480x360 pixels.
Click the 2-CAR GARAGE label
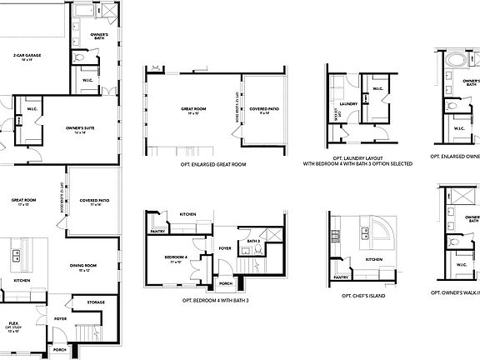pos(27,56)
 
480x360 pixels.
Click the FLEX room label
pos(14,322)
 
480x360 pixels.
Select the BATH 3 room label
pos(253,242)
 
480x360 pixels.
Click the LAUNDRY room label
pos(348,104)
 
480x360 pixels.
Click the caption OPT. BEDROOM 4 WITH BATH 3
pos(216,299)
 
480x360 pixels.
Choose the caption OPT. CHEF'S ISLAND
pos(364,295)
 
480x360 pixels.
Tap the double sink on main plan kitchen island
pos(14,258)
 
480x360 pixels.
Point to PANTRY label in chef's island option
pos(341,277)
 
